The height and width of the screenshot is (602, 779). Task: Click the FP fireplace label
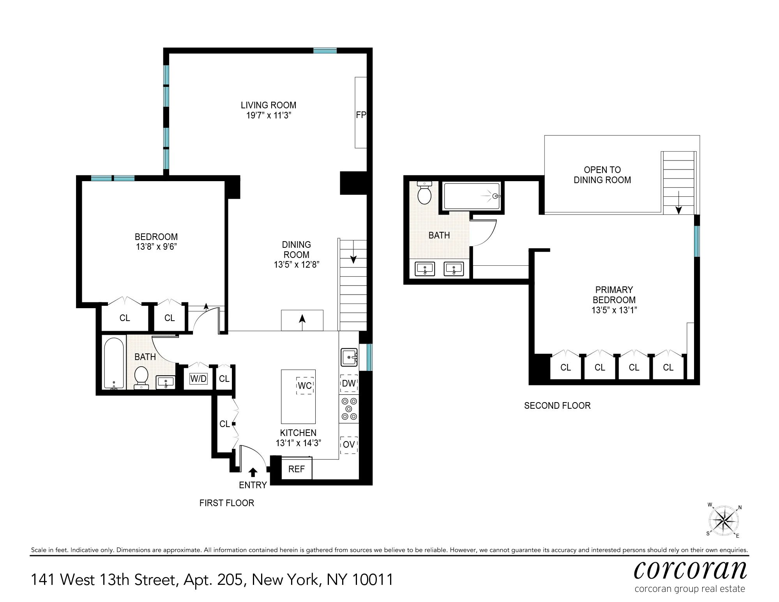[x=361, y=115]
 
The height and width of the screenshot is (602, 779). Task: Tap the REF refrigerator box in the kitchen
[x=296, y=469]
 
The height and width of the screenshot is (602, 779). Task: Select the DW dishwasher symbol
[x=349, y=383]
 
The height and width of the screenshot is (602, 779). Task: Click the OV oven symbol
[x=349, y=445]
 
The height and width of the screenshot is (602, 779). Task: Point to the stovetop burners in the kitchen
[x=349, y=408]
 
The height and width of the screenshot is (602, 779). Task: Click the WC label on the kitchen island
[x=305, y=386]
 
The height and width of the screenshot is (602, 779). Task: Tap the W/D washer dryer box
[x=198, y=379]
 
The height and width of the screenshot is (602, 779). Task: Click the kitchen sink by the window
[x=349, y=357]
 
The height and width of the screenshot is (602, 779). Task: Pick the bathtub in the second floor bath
[x=472, y=196]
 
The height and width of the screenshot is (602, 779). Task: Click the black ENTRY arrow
[x=253, y=472]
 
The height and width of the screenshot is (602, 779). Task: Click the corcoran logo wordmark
[x=690, y=571]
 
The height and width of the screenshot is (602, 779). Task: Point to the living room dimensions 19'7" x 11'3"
[x=268, y=115]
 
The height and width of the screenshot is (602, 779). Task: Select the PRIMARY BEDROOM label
[x=614, y=295]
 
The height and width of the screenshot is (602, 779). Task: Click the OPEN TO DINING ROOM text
[x=602, y=175]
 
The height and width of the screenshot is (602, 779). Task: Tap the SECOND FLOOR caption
[x=557, y=406]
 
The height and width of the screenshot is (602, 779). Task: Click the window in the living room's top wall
[x=325, y=51]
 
